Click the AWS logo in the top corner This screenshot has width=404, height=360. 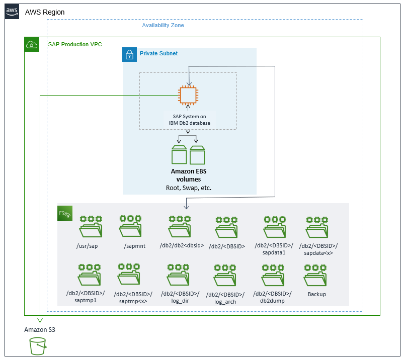(12, 12)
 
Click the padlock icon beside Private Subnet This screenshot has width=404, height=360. (130, 55)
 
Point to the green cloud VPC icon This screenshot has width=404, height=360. (32, 44)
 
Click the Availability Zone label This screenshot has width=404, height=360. (163, 25)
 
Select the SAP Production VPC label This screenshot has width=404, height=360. (75, 44)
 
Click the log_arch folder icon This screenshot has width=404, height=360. (227, 276)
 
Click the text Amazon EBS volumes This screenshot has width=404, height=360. (189, 175)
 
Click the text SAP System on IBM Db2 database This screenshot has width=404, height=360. (189, 120)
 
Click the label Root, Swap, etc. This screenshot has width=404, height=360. (189, 188)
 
